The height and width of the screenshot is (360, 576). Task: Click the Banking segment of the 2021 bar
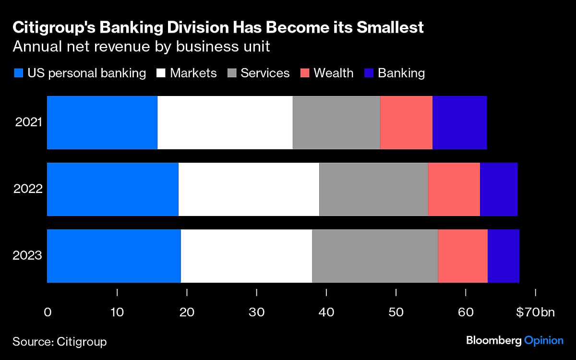tap(459, 122)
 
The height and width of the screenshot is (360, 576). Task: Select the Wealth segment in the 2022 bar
tap(454, 189)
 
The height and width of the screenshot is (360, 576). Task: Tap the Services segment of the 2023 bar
tap(375, 256)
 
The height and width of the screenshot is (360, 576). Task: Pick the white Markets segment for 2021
tap(225, 122)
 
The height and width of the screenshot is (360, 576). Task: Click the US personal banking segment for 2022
tap(112, 189)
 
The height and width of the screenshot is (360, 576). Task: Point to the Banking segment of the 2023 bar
tap(503, 256)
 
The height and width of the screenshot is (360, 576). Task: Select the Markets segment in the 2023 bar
tap(246, 256)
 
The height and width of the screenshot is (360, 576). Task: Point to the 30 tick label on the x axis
tap(257, 312)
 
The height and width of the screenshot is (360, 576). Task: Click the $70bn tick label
tap(535, 312)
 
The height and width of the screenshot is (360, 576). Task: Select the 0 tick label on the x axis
tap(48, 312)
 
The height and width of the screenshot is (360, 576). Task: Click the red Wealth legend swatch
tap(304, 73)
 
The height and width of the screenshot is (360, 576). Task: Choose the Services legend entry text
tap(265, 73)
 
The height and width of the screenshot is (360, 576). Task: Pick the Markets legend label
tap(193, 73)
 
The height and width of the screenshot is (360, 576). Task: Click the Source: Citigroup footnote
tap(60, 341)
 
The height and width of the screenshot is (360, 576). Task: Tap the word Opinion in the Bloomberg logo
tap(543, 340)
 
